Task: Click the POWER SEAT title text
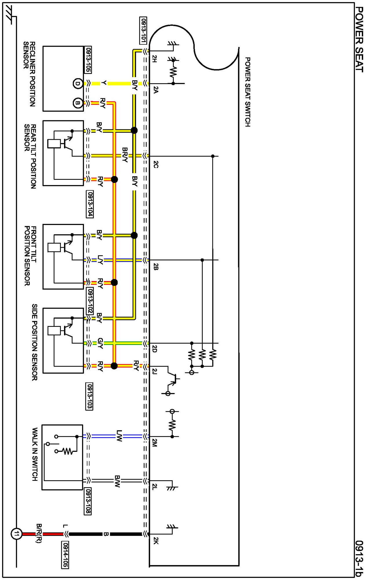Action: tap(359, 39)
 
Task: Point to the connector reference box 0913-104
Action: tap(90, 204)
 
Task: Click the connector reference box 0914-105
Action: tap(65, 555)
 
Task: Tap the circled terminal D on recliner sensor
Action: tap(78, 84)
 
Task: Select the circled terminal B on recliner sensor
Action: tap(78, 103)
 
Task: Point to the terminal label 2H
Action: tap(155, 59)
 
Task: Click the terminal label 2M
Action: tap(155, 443)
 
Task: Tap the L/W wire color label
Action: tap(119, 436)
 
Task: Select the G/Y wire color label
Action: tap(100, 343)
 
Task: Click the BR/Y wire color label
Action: tap(125, 155)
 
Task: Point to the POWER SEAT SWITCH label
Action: tap(248, 92)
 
